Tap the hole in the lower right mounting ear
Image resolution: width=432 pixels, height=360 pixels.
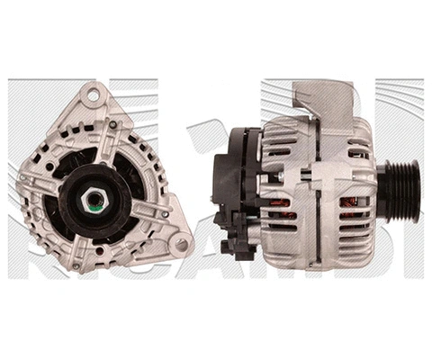[182, 243]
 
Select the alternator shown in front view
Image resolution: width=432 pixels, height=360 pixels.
[99, 180]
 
